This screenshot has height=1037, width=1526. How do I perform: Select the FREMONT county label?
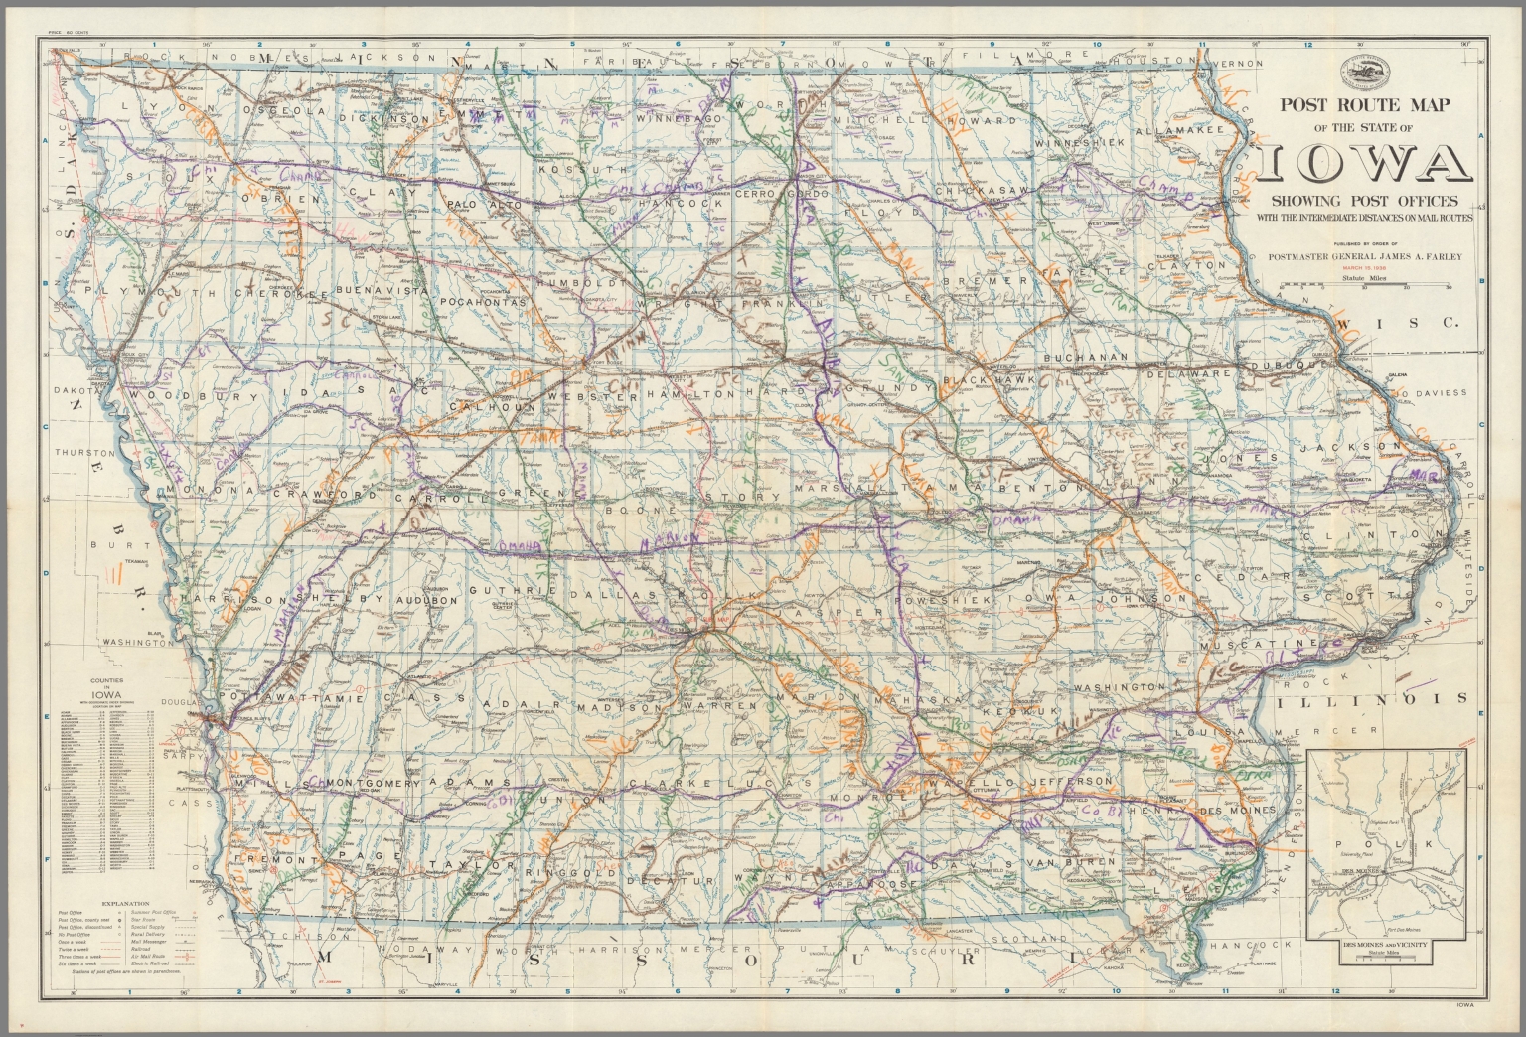261,855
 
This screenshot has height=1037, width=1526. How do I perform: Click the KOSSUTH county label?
569,170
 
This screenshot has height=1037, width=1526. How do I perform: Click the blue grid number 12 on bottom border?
1308,991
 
